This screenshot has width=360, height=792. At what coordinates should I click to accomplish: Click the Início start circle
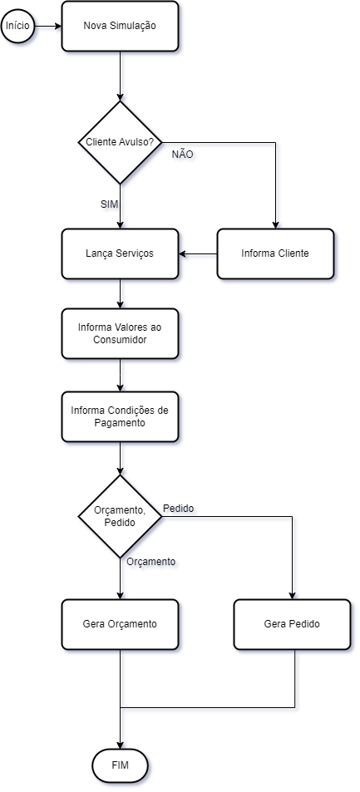[18, 25]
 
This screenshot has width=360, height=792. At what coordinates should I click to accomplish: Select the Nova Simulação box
[120, 26]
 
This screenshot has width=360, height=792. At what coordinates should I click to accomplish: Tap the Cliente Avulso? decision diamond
[120, 142]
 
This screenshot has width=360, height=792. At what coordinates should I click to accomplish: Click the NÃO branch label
[183, 155]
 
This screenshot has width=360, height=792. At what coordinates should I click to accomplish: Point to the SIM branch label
[109, 204]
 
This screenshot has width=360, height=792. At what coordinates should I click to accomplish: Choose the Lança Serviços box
[120, 253]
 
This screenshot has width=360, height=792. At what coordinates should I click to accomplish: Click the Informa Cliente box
[275, 253]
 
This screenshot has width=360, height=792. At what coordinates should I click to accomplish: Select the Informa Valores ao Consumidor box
[120, 334]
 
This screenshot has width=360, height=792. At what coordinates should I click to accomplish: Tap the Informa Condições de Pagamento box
[120, 416]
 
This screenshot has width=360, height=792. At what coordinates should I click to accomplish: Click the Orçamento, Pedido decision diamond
[120, 516]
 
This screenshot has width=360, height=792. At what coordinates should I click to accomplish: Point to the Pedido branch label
[179, 508]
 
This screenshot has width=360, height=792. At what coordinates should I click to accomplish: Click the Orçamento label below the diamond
[151, 562]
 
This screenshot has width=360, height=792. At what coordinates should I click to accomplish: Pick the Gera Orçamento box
[120, 624]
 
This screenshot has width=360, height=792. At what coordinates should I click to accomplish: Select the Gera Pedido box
[292, 624]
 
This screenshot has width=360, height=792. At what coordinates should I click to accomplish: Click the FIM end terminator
[120, 765]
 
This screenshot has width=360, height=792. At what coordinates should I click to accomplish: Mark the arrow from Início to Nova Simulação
[48, 26]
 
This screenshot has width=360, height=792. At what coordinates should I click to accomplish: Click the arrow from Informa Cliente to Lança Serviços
[198, 253]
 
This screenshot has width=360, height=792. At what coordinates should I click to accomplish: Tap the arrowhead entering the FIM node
[120, 745]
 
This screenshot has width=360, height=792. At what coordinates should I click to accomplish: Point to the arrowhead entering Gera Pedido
[292, 596]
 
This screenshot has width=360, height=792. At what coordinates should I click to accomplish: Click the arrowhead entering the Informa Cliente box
[275, 224]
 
